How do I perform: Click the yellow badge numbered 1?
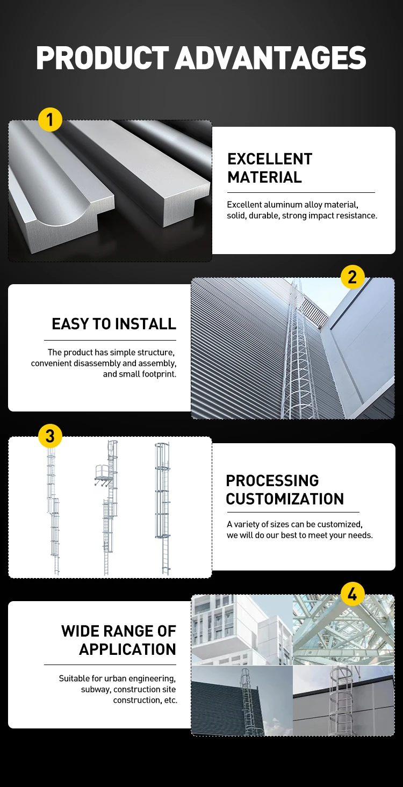pos(50,119)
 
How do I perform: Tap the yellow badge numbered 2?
pos(352,277)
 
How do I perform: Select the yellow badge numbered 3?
pos(50,436)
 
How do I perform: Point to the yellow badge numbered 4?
pos(352,594)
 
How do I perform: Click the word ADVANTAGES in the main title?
pos(271,58)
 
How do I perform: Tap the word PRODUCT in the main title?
pos(102,58)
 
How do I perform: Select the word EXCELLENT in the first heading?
pos(270,159)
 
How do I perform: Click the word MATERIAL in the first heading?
pos(264,177)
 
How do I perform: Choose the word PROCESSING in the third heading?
pos(272,481)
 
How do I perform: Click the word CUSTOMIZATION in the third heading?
pos(285,499)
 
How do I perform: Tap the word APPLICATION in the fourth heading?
pos(127,649)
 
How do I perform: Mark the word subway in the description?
pos(95,689)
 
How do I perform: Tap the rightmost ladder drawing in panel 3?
pos(162,508)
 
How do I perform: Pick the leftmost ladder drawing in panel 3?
pos(53,510)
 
